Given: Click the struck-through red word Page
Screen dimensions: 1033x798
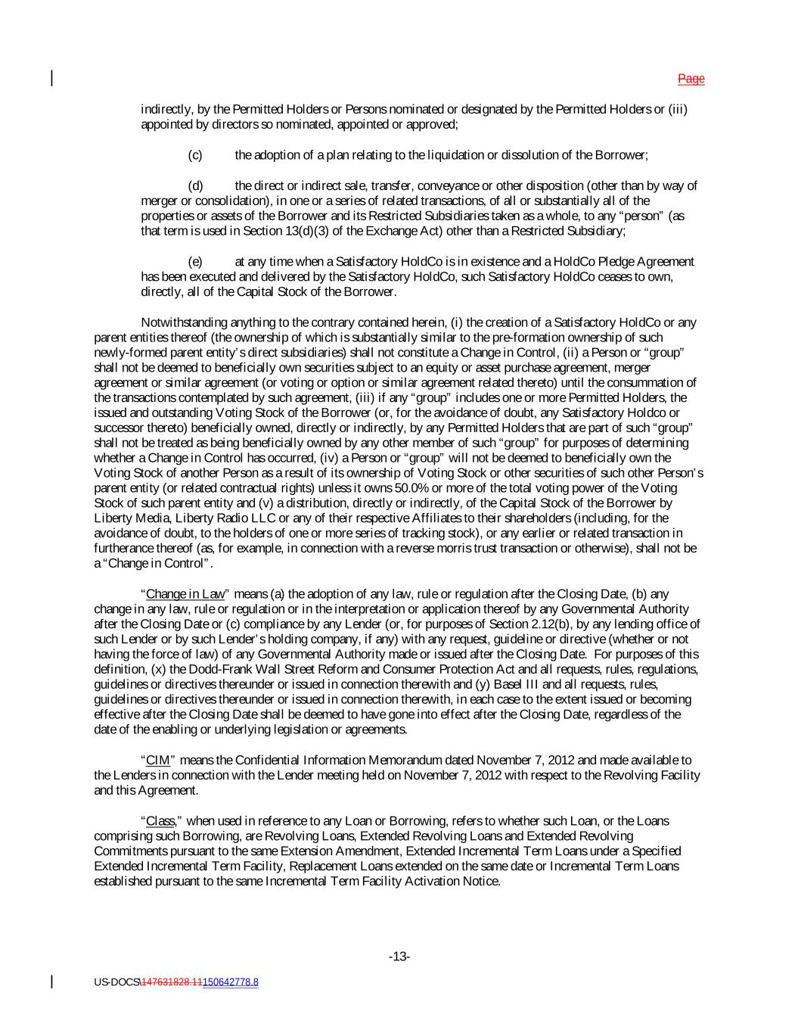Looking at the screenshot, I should [x=691, y=79].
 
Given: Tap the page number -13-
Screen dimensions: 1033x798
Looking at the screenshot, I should [x=399, y=957].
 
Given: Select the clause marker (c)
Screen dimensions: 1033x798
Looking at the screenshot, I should [x=195, y=155].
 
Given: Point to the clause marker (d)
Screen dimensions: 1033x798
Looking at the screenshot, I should [x=195, y=185].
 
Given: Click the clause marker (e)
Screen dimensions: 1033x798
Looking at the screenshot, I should [x=195, y=261].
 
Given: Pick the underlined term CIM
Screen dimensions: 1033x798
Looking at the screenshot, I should [x=157, y=760].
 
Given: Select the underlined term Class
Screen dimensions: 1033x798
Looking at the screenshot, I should [x=160, y=820].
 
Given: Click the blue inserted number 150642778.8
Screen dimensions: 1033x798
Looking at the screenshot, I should [x=231, y=982].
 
